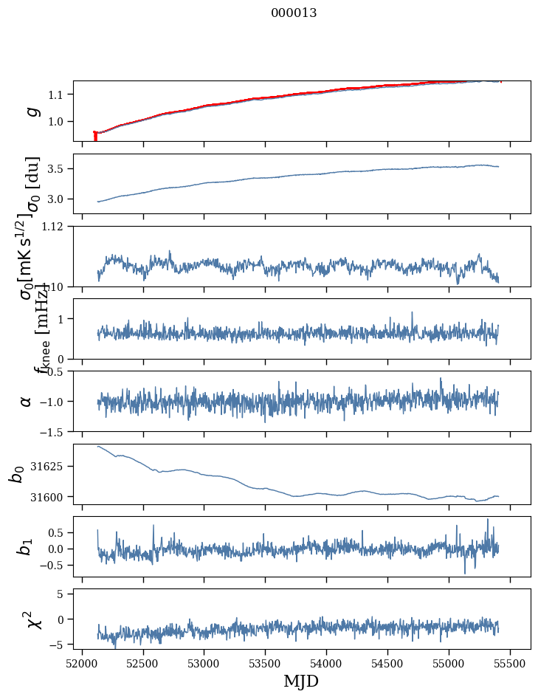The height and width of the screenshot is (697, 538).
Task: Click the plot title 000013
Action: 294,13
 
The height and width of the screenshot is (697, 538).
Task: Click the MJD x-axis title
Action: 301,681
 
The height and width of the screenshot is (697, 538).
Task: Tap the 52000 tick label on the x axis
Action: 82,662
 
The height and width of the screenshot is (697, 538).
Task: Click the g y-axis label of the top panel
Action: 32,111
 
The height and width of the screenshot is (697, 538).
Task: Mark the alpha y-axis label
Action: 27,401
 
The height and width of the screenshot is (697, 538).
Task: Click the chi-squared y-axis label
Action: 32,619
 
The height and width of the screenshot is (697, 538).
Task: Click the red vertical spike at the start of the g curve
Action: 95,137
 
